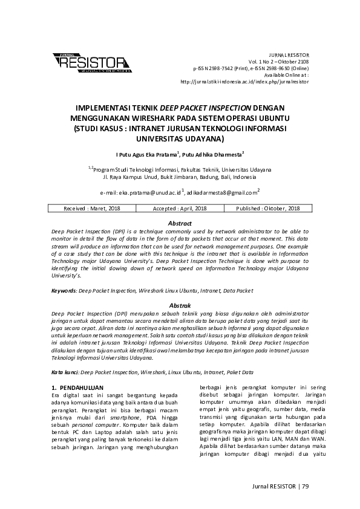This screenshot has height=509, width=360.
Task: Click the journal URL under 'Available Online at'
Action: [245, 81]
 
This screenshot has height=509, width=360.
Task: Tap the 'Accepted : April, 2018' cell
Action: [180, 209]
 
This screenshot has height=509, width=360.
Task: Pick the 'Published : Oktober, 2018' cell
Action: [269, 209]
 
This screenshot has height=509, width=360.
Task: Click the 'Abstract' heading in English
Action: [180, 224]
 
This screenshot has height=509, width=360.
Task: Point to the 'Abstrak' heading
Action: [180, 306]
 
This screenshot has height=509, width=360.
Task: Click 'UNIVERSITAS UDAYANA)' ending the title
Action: [180, 138]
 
